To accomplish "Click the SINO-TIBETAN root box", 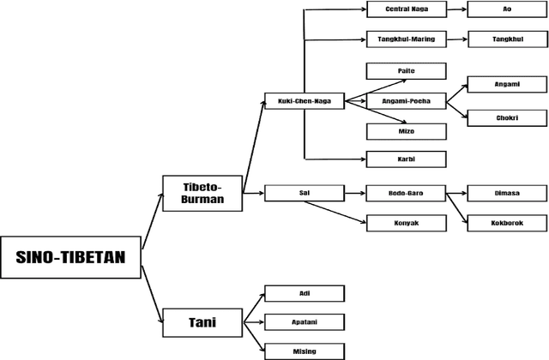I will (70, 256).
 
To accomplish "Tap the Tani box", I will (202, 323).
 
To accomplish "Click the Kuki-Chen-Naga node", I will (304, 101).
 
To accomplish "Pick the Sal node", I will (304, 193).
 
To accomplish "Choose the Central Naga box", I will (406, 10).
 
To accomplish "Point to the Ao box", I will (507, 10).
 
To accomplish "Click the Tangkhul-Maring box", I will (406, 39).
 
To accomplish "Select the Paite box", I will (406, 70).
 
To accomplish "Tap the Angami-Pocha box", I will (406, 101).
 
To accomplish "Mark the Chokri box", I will (507, 118).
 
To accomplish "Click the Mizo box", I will (406, 131).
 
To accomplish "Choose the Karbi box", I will (406, 159).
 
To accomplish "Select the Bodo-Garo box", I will (406, 193).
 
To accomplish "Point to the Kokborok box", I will (507, 223).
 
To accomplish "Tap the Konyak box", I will (406, 223).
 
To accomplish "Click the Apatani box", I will (304, 322).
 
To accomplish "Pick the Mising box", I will (304, 351).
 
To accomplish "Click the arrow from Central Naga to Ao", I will (456, 10).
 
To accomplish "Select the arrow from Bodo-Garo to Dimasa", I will (456, 193).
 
